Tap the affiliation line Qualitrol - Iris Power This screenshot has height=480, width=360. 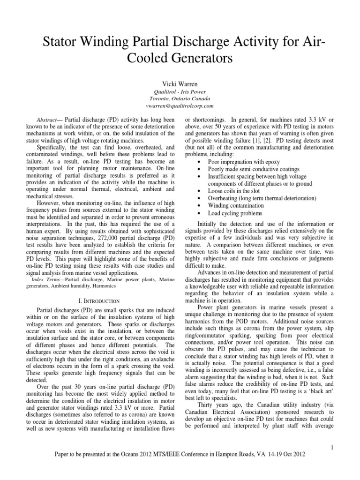coord(180,92)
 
